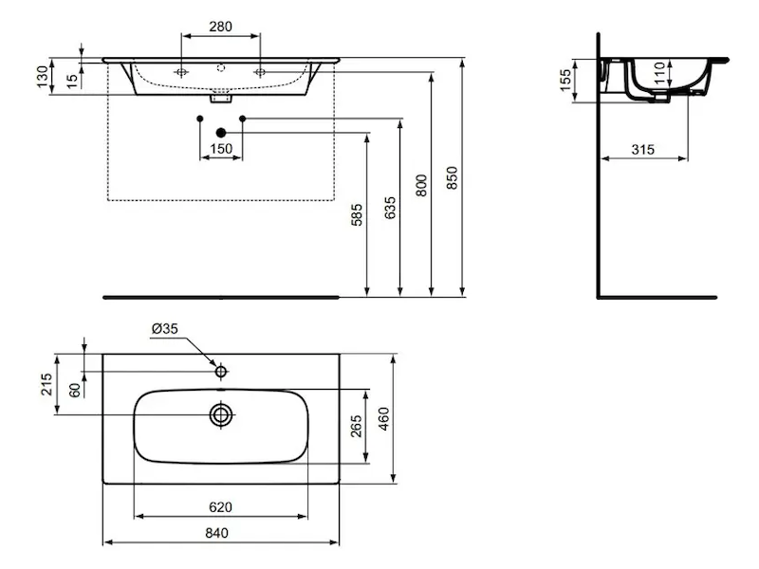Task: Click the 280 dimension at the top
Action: point(220,27)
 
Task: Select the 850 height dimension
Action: point(452,177)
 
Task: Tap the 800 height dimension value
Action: point(421,185)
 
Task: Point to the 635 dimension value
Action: point(390,208)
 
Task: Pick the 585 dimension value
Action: point(357,215)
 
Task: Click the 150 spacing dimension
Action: point(221,149)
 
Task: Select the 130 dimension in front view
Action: point(43,77)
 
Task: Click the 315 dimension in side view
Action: point(643,150)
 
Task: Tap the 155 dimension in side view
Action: point(565,81)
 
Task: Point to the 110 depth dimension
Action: point(659,73)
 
